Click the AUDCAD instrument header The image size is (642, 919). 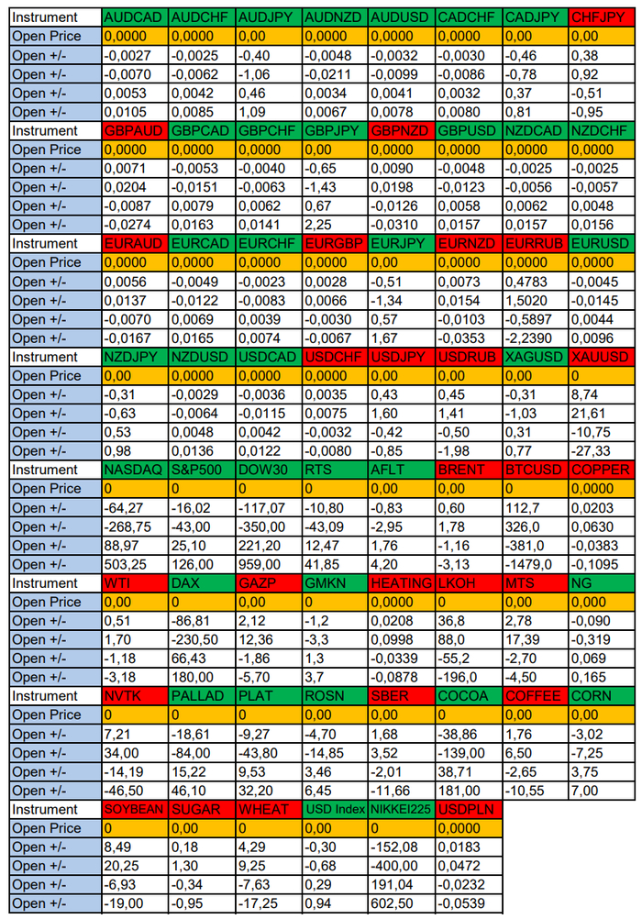[x=134, y=17]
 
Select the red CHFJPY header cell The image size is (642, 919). [x=600, y=17]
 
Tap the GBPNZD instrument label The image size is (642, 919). [x=401, y=130]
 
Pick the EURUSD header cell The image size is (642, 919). [x=600, y=244]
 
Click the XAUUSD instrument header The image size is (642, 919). [x=600, y=357]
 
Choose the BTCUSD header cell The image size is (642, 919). [x=534, y=470]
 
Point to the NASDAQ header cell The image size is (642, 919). [x=134, y=470]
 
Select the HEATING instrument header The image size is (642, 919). [x=401, y=583]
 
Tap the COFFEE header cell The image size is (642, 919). [x=534, y=696]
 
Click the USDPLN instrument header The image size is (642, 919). [x=467, y=810]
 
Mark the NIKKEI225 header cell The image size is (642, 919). [x=401, y=810]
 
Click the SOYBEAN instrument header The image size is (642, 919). [x=134, y=810]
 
